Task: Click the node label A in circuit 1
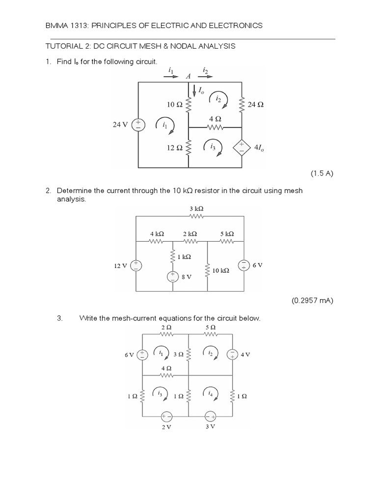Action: click(x=188, y=77)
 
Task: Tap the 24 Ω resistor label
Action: click(x=256, y=104)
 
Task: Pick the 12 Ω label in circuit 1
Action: click(x=175, y=146)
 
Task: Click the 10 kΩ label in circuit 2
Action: click(x=221, y=270)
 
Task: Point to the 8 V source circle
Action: click(x=173, y=277)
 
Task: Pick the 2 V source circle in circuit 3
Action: click(x=166, y=416)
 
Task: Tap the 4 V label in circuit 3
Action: click(x=245, y=354)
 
